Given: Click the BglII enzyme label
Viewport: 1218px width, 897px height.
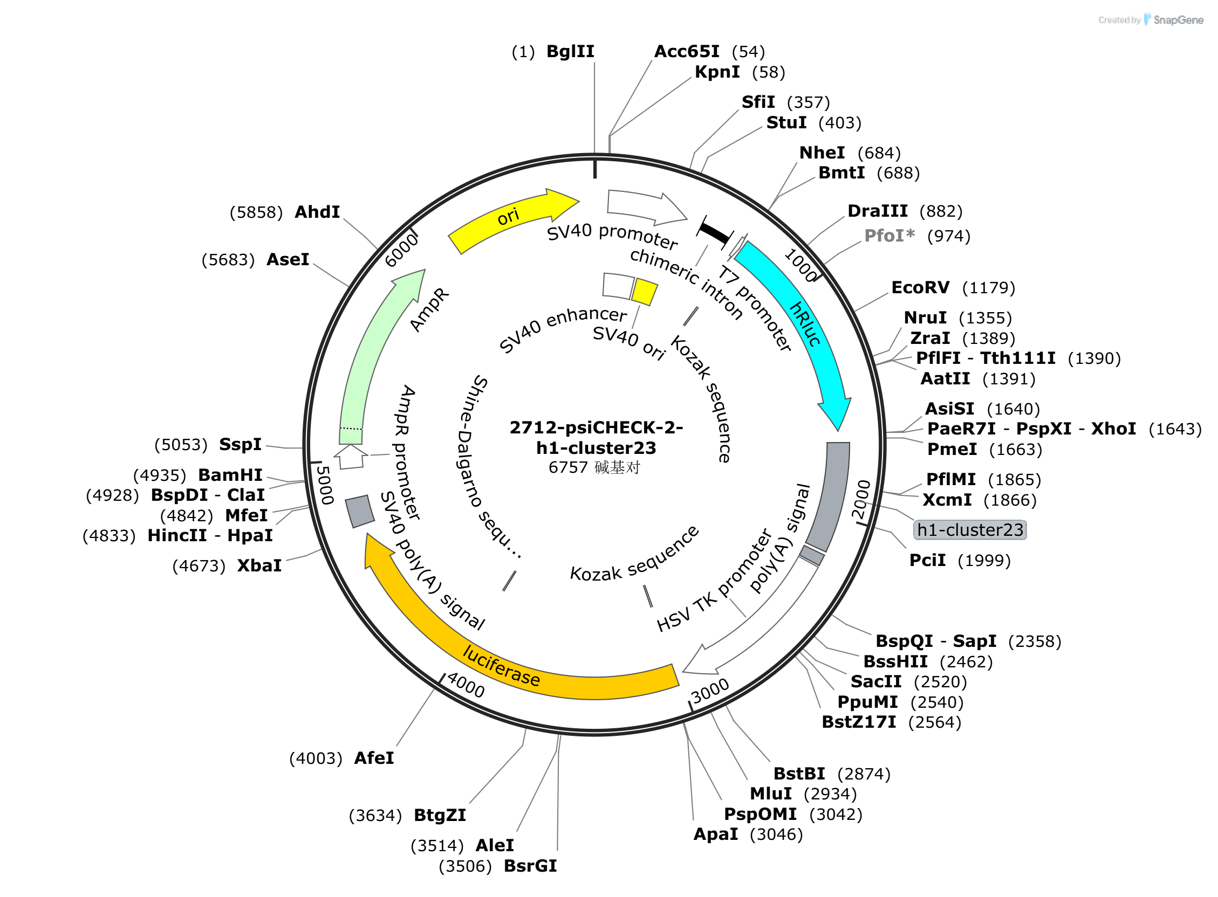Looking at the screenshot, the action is (x=570, y=52).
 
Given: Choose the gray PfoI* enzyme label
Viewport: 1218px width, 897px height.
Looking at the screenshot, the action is (x=889, y=236).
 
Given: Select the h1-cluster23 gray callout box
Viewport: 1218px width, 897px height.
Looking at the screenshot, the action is (x=970, y=530).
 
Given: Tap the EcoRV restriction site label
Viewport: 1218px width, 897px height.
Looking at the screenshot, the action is (x=920, y=287).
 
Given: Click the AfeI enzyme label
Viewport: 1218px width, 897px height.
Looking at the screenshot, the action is (x=374, y=758).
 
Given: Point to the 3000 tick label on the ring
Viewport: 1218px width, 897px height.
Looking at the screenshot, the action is (x=709, y=691).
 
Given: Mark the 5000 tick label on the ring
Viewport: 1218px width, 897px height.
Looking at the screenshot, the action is (x=324, y=485).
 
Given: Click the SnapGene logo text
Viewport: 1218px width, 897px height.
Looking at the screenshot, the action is (x=1178, y=20).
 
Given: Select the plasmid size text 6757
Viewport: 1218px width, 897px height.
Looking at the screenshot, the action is (x=567, y=467).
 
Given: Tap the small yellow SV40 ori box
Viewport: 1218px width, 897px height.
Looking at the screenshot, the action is (x=644, y=292).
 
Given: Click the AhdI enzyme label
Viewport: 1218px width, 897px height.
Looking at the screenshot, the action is (x=317, y=212).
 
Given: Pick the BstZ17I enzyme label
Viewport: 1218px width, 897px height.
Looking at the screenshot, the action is (x=859, y=722).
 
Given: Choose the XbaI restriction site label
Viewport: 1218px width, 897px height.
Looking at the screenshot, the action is (x=259, y=566).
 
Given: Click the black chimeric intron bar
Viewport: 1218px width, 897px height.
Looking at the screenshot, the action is (x=714, y=233).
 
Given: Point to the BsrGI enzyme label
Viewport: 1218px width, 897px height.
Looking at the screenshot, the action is (x=530, y=866).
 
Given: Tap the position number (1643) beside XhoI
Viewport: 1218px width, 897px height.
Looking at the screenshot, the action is (x=1175, y=429).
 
